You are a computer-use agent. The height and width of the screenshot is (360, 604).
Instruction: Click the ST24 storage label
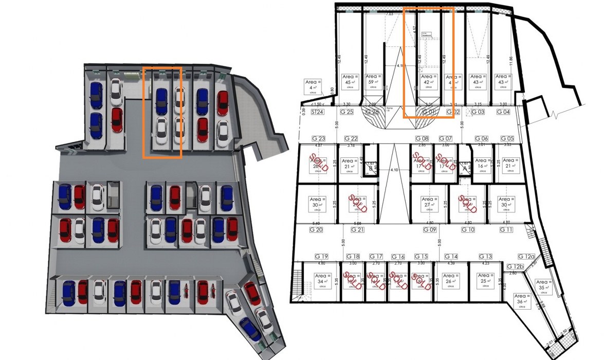(x=318, y=112)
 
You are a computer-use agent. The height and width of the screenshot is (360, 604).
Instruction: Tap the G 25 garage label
(x=347, y=112)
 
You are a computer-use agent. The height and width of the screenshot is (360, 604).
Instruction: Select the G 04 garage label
(x=503, y=112)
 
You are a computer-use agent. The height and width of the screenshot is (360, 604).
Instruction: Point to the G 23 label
(x=319, y=138)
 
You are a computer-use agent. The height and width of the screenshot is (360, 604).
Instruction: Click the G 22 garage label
(x=351, y=138)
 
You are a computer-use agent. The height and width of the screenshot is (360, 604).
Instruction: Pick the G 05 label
(x=507, y=138)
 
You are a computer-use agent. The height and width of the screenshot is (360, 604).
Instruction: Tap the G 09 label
(x=430, y=229)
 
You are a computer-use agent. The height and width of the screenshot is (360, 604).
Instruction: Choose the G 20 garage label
(x=316, y=229)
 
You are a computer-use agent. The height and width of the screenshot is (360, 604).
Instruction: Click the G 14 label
(x=451, y=256)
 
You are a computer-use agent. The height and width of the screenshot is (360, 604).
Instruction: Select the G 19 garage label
(x=322, y=256)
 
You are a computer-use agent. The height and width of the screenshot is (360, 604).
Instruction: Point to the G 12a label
(x=526, y=256)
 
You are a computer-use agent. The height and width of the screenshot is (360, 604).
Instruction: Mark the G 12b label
(x=515, y=266)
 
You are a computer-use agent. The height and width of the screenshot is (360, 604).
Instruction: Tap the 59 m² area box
(x=375, y=82)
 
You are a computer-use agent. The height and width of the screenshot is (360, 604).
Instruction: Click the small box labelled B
(x=371, y=168)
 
